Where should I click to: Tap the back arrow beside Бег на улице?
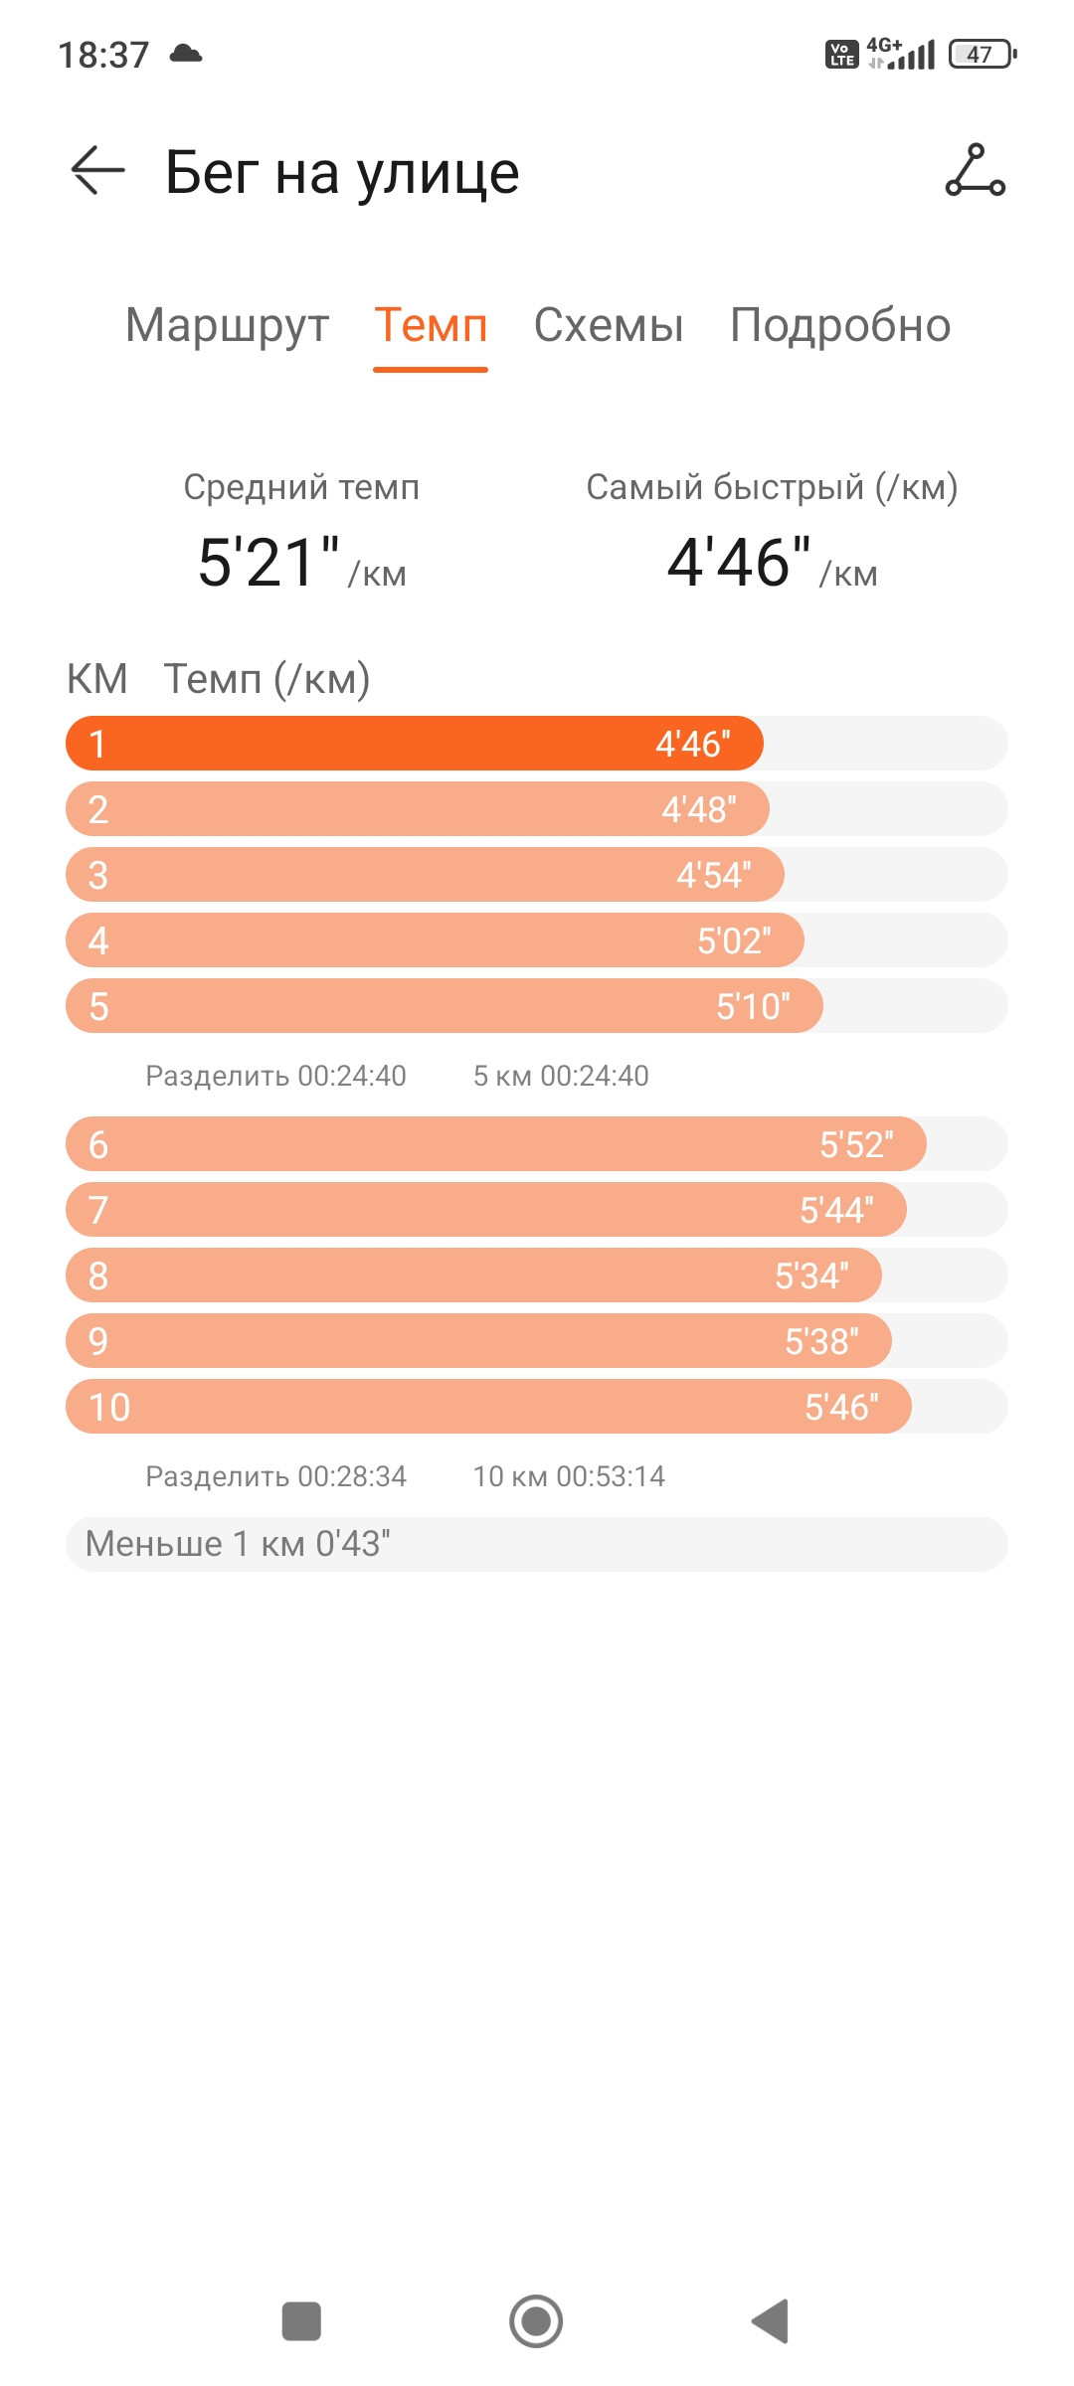pyautogui.click(x=97, y=171)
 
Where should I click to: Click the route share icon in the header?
pyautogui.click(x=975, y=170)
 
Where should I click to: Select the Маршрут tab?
pyautogui.click(x=227, y=326)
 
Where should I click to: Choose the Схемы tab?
pyautogui.click(x=609, y=325)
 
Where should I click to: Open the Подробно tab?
pyautogui.click(x=840, y=326)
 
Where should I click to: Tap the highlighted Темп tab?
pyautogui.click(x=431, y=325)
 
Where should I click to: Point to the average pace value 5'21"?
pyautogui.click(x=268, y=562)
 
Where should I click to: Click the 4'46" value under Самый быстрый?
pyautogui.click(x=739, y=562)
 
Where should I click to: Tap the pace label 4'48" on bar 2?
pyautogui.click(x=699, y=809)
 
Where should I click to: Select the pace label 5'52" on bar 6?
pyautogui.click(x=856, y=1144)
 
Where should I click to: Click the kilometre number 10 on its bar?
pyautogui.click(x=109, y=1407)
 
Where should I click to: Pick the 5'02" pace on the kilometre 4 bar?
pyautogui.click(x=734, y=940)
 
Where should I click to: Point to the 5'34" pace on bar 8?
pyautogui.click(x=811, y=1276)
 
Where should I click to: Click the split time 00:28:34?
pyautogui.click(x=352, y=1476)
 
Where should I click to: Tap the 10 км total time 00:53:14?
pyautogui.click(x=611, y=1476)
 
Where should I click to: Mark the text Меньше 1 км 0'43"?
pyautogui.click(x=238, y=1544)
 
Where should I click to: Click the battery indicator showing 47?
pyautogui.click(x=983, y=54)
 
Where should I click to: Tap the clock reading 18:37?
pyautogui.click(x=103, y=55)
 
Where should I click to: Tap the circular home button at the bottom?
pyautogui.click(x=536, y=2321)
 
